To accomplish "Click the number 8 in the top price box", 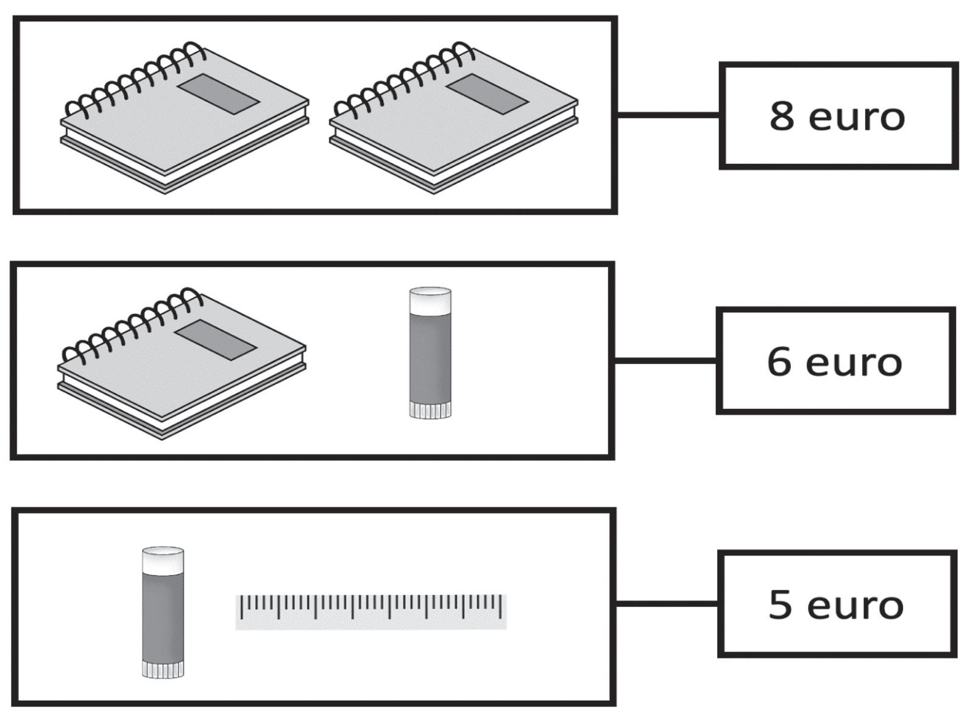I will (782, 116).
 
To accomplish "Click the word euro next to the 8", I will (857, 118).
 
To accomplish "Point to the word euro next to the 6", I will (854, 363).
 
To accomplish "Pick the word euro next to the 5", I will (855, 606).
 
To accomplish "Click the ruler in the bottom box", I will (370, 611).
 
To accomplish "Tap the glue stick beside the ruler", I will (163, 612).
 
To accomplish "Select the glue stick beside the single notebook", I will (430, 353).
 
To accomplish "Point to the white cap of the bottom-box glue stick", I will (163, 559).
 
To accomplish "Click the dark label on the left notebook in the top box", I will (219, 94).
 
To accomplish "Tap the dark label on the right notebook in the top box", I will (487, 94).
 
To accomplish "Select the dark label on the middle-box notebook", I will (216, 339).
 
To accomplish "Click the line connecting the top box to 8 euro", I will (668, 114).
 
